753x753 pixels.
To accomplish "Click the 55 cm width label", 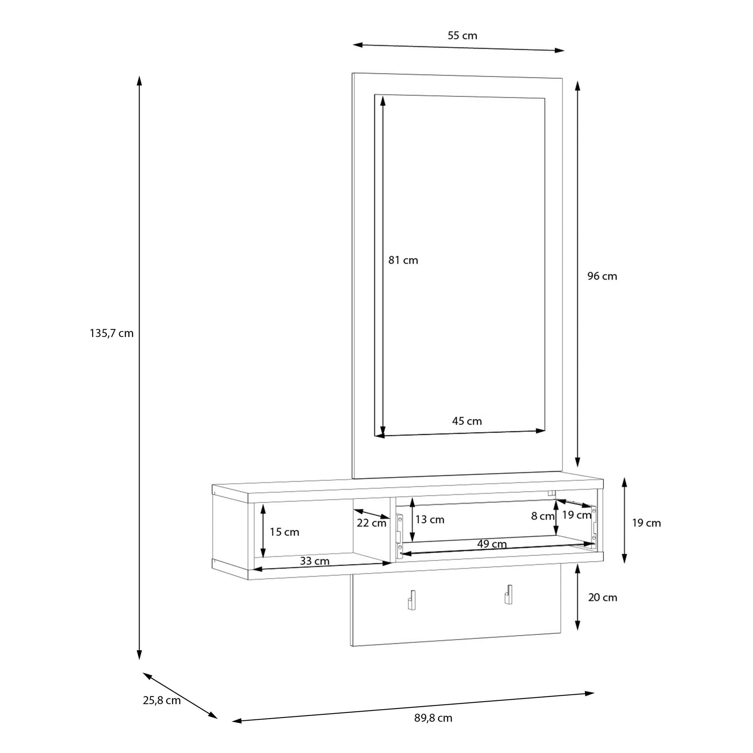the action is click(x=462, y=36).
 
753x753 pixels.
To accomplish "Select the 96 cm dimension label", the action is click(x=602, y=276).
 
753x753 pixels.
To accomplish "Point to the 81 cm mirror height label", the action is click(x=403, y=260).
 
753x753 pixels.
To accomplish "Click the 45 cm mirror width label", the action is click(x=467, y=421).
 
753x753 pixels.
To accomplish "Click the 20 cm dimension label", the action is click(x=603, y=598).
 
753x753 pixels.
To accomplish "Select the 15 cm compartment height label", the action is click(x=285, y=532).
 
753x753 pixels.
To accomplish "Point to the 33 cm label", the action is click(x=314, y=561).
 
